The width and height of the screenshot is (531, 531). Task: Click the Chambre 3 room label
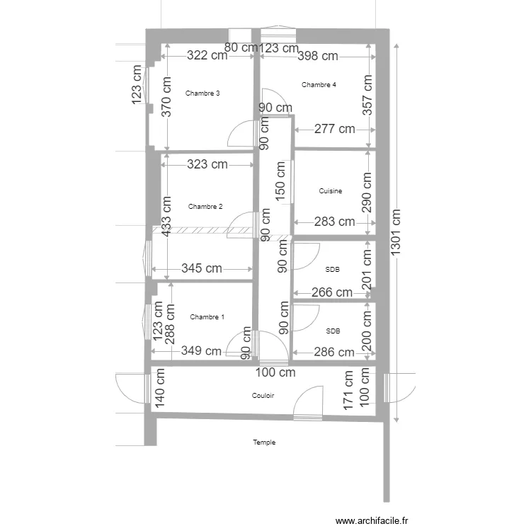tap(202, 93)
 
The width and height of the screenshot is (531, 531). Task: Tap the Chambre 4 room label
tap(319, 85)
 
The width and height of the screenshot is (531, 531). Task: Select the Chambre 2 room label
tap(205, 207)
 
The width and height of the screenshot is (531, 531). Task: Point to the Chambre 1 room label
tap(207, 316)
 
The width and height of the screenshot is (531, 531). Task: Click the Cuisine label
tap(331, 191)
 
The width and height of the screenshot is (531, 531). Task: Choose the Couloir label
tap(263, 396)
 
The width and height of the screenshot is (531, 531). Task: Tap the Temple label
tap(264, 442)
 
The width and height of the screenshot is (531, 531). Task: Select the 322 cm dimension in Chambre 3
tap(207, 55)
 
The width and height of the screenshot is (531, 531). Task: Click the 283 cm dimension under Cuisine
tap(335, 222)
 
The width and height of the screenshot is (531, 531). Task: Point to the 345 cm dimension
tap(201, 268)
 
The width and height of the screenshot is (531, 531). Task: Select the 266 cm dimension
tap(332, 292)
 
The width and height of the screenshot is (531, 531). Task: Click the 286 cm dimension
tap(333, 352)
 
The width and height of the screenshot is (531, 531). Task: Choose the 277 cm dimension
tap(334, 129)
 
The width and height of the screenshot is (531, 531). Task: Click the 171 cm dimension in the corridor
tap(348, 390)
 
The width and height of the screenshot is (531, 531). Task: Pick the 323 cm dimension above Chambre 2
tap(207, 164)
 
